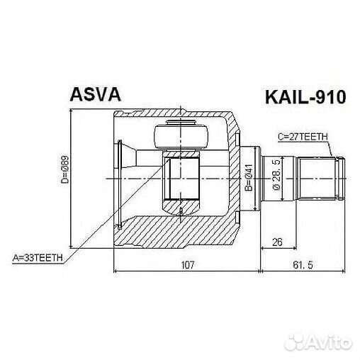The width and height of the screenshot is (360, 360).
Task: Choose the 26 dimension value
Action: (278, 242)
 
